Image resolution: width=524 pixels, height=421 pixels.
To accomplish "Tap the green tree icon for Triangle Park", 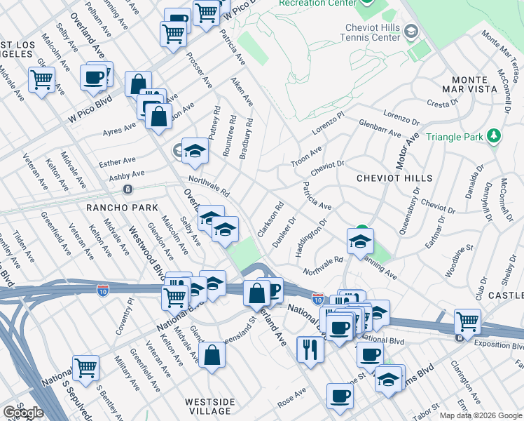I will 495,135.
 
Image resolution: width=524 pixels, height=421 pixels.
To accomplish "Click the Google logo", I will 23,413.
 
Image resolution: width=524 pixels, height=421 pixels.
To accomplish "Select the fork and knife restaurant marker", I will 310,348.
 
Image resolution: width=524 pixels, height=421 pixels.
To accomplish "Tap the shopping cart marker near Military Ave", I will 85,366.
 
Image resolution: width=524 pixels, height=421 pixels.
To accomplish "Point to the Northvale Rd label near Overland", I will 208,185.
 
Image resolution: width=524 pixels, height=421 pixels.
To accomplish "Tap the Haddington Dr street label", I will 312,238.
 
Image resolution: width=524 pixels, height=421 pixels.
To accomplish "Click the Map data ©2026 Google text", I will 480,415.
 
